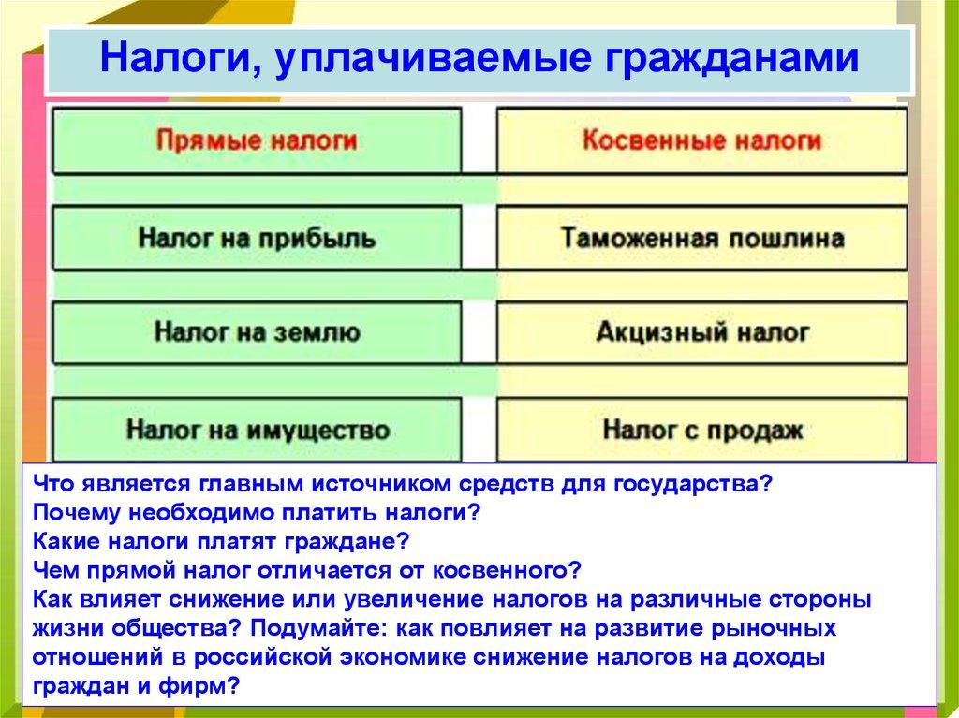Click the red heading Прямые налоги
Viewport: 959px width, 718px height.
(257, 141)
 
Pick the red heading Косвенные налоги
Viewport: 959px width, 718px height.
(701, 141)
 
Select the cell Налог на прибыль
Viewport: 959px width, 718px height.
(257, 238)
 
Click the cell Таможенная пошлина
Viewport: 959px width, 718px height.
(701, 238)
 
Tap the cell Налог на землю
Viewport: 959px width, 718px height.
(257, 332)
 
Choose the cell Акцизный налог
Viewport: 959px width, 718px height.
(701, 332)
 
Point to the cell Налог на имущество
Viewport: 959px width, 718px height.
(257, 431)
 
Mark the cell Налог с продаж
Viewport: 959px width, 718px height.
(701, 431)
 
